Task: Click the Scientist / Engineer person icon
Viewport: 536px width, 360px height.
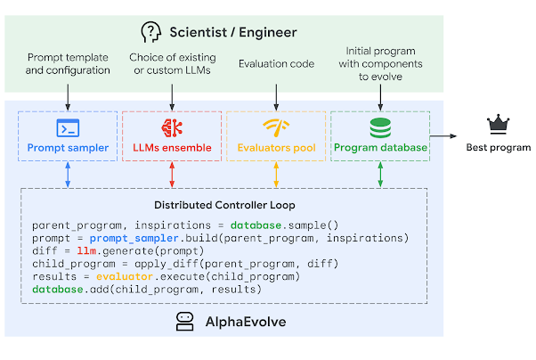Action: coord(152,32)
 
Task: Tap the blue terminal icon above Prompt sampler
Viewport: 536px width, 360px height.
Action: coord(68,127)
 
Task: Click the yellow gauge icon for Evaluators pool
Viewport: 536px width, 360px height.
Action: coord(276,127)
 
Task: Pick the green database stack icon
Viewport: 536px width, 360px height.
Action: coord(380,127)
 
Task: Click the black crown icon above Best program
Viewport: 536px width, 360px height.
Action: coord(497,125)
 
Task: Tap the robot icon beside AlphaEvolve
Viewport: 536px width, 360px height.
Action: coord(185,322)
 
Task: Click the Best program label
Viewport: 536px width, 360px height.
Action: coord(498,147)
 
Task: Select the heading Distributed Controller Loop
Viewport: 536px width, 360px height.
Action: coord(223,205)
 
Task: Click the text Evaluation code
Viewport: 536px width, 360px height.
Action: coord(276,64)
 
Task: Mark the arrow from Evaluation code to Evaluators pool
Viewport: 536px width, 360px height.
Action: coord(276,95)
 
